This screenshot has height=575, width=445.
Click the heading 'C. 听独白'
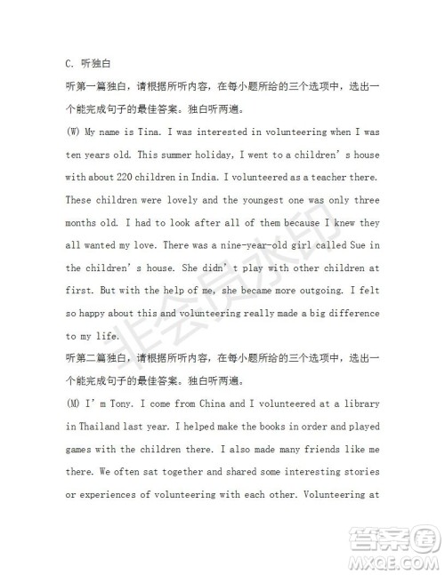[x=85, y=64]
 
